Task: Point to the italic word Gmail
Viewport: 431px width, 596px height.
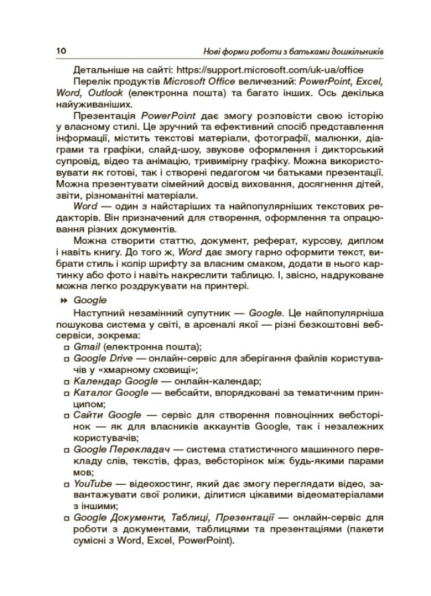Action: click(x=86, y=346)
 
